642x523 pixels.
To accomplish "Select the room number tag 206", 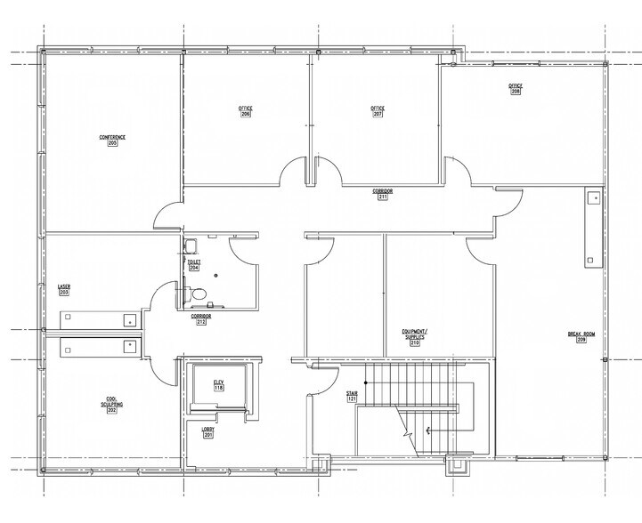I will (246, 115).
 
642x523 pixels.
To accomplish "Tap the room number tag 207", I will (378, 115).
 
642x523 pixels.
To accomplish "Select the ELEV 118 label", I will (218, 385).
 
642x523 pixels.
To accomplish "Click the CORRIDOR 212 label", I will (201, 318).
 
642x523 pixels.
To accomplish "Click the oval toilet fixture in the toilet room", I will (200, 294).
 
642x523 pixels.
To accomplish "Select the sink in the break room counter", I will (592, 198).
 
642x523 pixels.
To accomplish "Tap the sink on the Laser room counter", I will (130, 318).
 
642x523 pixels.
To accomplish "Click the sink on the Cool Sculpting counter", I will (130, 343).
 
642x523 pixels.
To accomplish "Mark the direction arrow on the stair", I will (429, 431).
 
